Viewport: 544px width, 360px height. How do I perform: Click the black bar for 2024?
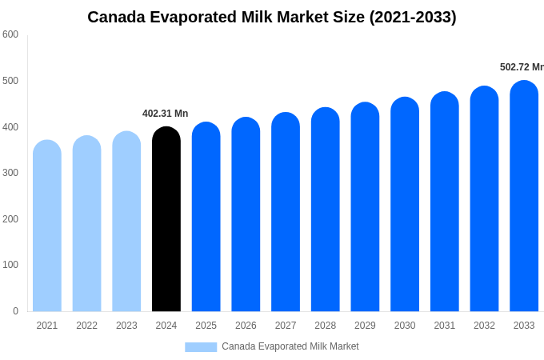(x=166, y=220)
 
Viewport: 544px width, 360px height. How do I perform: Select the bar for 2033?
(x=524, y=197)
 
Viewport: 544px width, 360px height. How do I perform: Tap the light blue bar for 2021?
(x=47, y=226)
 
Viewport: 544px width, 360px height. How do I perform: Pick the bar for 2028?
(x=326, y=210)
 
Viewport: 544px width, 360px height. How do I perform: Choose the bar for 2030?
(x=405, y=205)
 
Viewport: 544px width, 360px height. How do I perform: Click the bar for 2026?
(x=246, y=215)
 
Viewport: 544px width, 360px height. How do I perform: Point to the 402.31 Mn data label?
(x=165, y=114)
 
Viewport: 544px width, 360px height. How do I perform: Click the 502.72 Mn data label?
(x=521, y=67)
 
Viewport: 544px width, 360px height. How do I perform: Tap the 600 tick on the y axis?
(x=10, y=34)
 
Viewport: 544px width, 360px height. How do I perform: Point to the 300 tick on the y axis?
(x=10, y=173)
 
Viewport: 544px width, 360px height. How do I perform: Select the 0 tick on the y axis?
(x=15, y=311)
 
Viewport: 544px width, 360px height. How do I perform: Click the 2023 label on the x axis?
(x=126, y=326)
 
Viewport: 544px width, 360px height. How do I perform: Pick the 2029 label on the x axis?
(x=365, y=326)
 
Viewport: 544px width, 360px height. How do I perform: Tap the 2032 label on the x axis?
(x=484, y=326)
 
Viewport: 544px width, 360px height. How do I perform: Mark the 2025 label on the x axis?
(x=206, y=326)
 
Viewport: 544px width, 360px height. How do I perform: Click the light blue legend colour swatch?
(x=201, y=346)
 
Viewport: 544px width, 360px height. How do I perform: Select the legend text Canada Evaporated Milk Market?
(x=290, y=346)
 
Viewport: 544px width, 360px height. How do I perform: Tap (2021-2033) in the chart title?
(x=413, y=17)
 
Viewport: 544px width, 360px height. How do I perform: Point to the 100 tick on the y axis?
(x=10, y=265)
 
